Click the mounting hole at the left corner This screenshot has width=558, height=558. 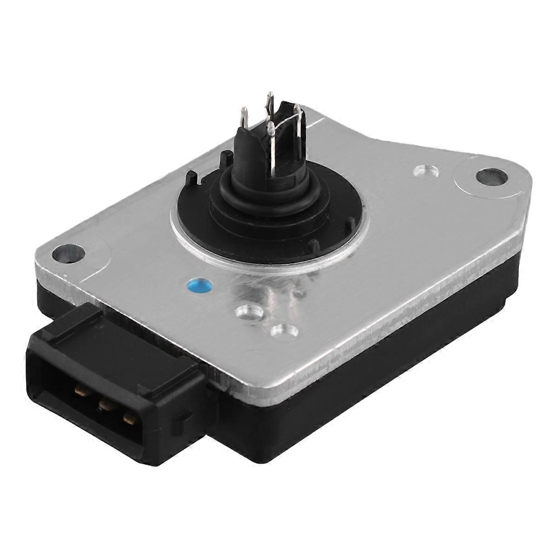coord(68,254)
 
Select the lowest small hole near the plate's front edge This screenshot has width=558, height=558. coord(284,332)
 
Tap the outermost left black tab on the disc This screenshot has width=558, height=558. coord(191,177)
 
